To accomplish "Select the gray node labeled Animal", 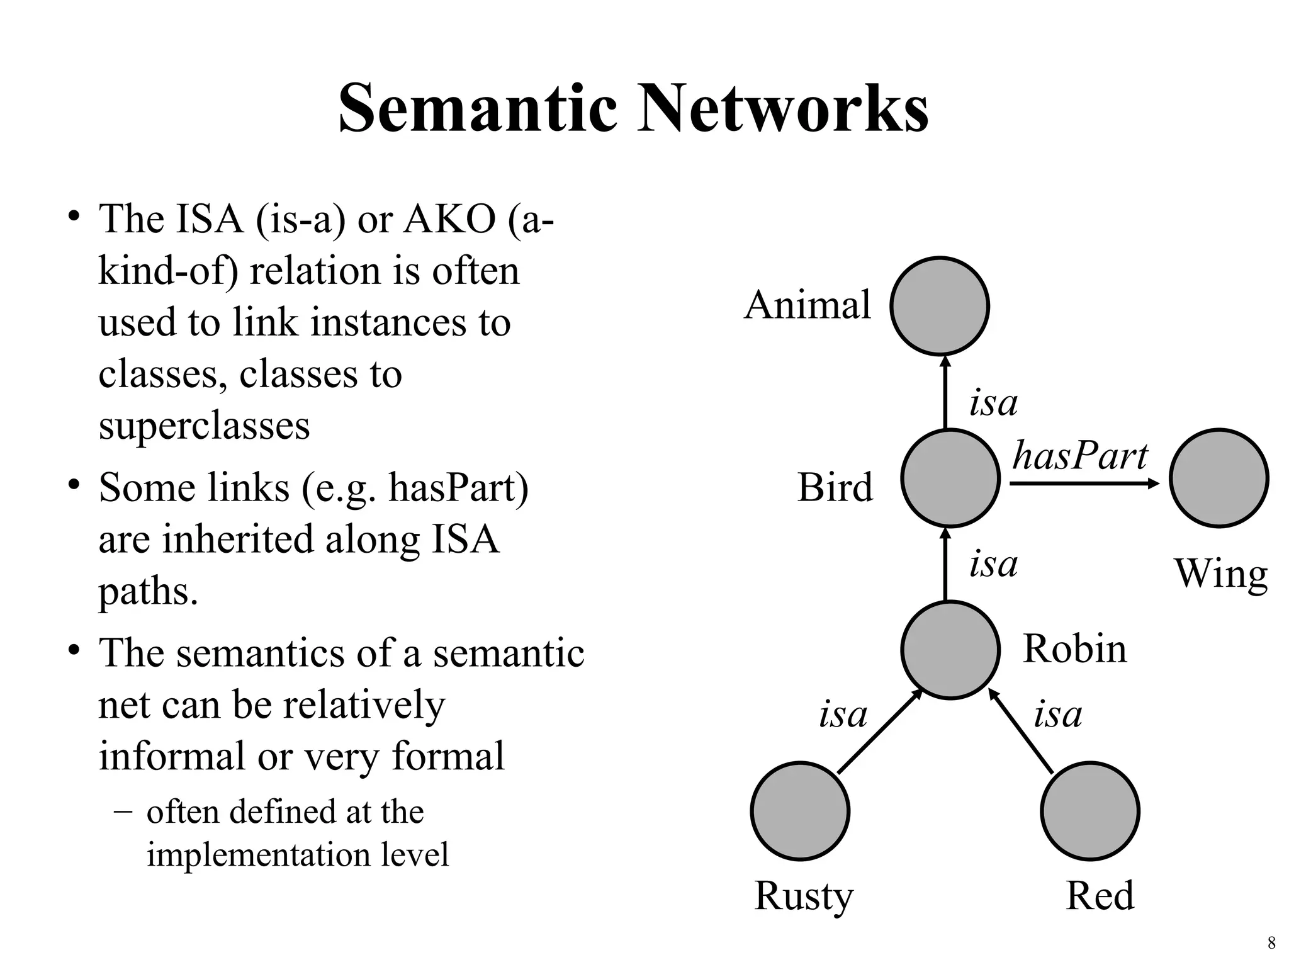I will pos(939,306).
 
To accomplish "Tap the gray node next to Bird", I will pos(950,478).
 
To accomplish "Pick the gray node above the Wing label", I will pos(1219,478).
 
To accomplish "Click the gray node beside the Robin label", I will pos(950,650).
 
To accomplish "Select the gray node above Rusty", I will pos(800,811).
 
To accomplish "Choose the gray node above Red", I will pos(1089,811).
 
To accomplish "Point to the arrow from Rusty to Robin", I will pos(880,732).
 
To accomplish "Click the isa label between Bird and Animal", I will pos(993,403).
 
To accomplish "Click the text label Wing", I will pos(1220,574).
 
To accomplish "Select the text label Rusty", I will pos(804,896).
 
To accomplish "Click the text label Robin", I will pos(1074,648).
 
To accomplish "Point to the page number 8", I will pos(1271,942).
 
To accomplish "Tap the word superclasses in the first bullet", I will pos(204,426).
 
